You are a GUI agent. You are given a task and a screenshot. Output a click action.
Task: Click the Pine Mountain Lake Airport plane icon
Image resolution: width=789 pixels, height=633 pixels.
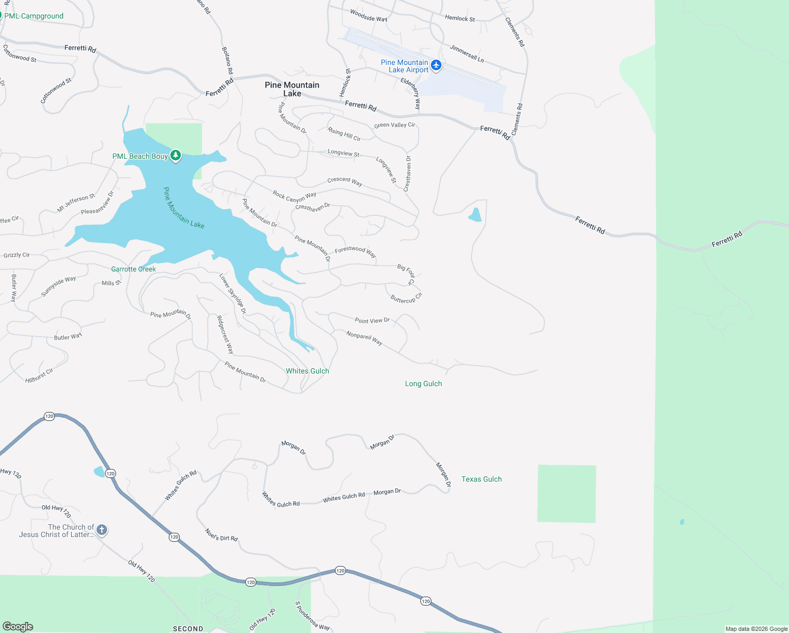pos(436,65)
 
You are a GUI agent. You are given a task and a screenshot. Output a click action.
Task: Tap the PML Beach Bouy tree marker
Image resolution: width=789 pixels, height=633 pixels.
pos(176,156)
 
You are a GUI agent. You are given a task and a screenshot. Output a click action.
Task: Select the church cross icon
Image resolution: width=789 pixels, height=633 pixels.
pos(102,530)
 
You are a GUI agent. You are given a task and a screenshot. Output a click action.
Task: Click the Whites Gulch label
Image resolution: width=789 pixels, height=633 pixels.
pos(307,371)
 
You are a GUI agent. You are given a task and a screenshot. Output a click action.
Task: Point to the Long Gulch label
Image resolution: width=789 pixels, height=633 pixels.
pos(424,383)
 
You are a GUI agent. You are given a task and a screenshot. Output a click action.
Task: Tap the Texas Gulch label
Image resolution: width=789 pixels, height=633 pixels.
pos(482,479)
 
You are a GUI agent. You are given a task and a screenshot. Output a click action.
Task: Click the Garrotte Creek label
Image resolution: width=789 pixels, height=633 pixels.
pos(133,269)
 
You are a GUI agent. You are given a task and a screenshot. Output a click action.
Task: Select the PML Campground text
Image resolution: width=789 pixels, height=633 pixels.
pos(34,16)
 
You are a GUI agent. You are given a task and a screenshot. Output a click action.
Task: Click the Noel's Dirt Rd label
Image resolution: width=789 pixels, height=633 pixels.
pos(222,535)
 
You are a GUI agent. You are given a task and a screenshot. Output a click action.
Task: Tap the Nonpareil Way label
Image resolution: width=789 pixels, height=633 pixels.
pos(364,338)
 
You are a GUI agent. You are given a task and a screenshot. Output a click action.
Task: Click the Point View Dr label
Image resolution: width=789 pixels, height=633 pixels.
pos(372,320)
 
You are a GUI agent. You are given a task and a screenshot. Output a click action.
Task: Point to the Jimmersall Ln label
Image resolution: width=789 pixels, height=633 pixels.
pos(467,53)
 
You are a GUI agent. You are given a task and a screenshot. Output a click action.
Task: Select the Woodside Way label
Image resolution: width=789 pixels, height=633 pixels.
pos(369,15)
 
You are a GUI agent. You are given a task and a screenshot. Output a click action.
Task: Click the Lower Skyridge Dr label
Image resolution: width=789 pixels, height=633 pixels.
pos(233,294)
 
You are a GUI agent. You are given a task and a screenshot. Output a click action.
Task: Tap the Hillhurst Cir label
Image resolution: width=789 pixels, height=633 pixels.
pos(40,376)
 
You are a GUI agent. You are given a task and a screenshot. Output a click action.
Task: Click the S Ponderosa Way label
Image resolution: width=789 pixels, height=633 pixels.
pos(312,616)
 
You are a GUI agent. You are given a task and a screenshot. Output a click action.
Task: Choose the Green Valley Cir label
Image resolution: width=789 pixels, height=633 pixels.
pos(395,125)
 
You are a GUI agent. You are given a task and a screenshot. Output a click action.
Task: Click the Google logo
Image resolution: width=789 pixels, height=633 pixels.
pos(18,626)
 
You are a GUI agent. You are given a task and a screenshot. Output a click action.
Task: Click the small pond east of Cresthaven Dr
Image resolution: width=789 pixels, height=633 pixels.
pos(475,215)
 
